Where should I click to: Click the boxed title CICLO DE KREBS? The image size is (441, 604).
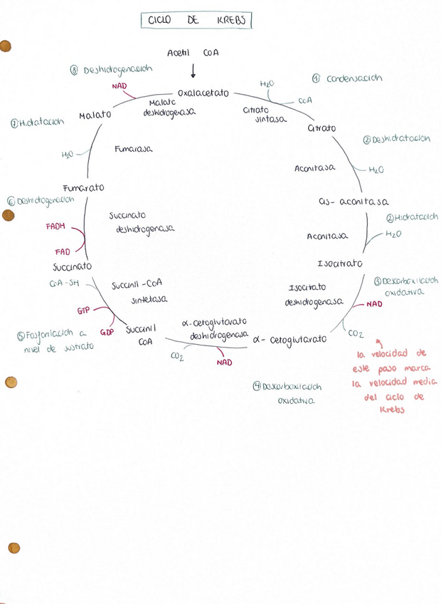tap(196, 21)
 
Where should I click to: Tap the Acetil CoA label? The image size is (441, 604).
tap(193, 53)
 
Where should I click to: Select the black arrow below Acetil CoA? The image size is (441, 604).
tap(193, 71)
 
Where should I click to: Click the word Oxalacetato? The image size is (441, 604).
tap(203, 93)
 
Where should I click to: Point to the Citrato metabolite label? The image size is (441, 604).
tap(322, 128)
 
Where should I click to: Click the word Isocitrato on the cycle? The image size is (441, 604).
tap(339, 264)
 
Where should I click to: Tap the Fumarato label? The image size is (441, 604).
tap(83, 187)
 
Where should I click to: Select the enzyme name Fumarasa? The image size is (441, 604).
tap(133, 149)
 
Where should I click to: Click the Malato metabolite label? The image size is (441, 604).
tap(95, 115)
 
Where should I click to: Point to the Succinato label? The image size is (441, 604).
tap(72, 266)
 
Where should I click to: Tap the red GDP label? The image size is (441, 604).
tap(107, 332)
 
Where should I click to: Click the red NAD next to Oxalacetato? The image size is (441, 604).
tap(119, 86)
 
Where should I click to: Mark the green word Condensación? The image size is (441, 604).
tap(354, 78)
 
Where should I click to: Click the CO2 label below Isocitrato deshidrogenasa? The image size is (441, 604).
tap(356, 332)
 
